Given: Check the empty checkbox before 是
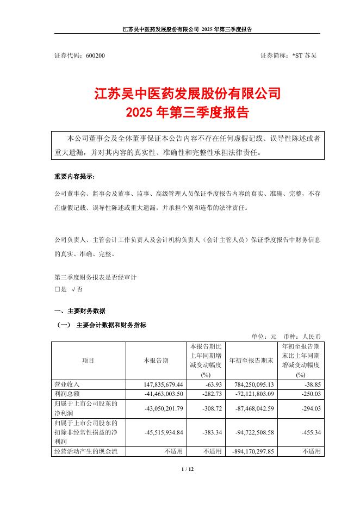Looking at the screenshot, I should coord(57,290).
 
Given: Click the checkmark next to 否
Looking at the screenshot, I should coord(73,290).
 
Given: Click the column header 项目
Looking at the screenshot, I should coord(88,361).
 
